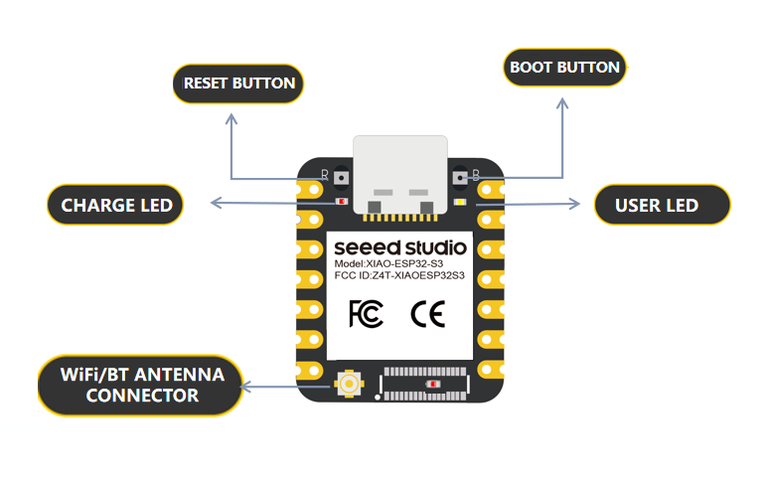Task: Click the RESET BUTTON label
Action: [238, 83]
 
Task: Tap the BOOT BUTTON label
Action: [564, 68]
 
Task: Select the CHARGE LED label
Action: [115, 205]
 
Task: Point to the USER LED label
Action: [662, 205]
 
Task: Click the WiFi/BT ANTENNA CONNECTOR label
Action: [140, 386]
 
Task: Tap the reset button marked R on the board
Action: [341, 177]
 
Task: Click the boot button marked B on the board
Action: [460, 177]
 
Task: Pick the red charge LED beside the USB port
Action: [342, 202]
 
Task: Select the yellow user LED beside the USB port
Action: [460, 202]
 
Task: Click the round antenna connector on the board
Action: [349, 384]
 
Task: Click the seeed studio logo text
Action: [400, 247]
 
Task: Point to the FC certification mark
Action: [366, 313]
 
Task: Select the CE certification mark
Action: [428, 313]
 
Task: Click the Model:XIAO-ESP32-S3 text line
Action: [388, 264]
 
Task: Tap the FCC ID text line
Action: [399, 275]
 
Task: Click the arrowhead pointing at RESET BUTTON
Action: [231, 118]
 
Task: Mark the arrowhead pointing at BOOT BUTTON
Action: [562, 102]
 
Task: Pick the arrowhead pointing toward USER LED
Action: [575, 204]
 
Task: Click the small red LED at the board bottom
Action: [432, 384]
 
